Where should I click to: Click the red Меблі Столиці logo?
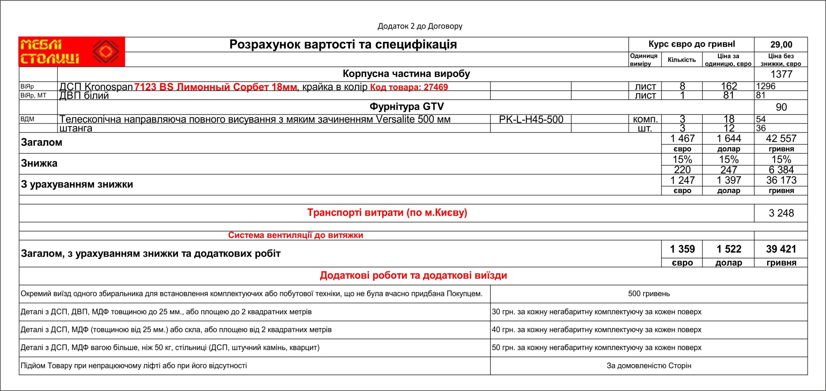[x=72, y=52]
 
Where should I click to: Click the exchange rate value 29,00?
[x=781, y=45]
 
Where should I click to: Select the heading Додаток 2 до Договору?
[x=420, y=26]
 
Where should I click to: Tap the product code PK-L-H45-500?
[x=531, y=119]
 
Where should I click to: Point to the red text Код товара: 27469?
[x=409, y=87]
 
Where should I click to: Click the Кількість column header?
[x=682, y=60]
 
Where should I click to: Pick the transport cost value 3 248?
[x=781, y=213]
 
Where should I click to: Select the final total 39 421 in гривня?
[x=781, y=249]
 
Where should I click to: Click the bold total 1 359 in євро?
[x=682, y=249]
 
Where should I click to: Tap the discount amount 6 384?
[x=781, y=170]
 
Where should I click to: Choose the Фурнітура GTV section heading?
[x=406, y=106]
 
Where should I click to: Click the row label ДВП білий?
[x=84, y=95]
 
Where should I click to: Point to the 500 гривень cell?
[x=649, y=294]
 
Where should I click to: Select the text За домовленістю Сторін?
[x=649, y=366]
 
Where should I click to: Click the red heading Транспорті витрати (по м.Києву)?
[x=387, y=213]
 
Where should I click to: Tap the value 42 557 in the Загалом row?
[x=781, y=138]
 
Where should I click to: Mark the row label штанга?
[x=76, y=128]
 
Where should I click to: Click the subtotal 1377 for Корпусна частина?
[x=781, y=74]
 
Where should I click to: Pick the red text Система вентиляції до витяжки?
[x=295, y=235]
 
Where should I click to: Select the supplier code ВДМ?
[x=27, y=119]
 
